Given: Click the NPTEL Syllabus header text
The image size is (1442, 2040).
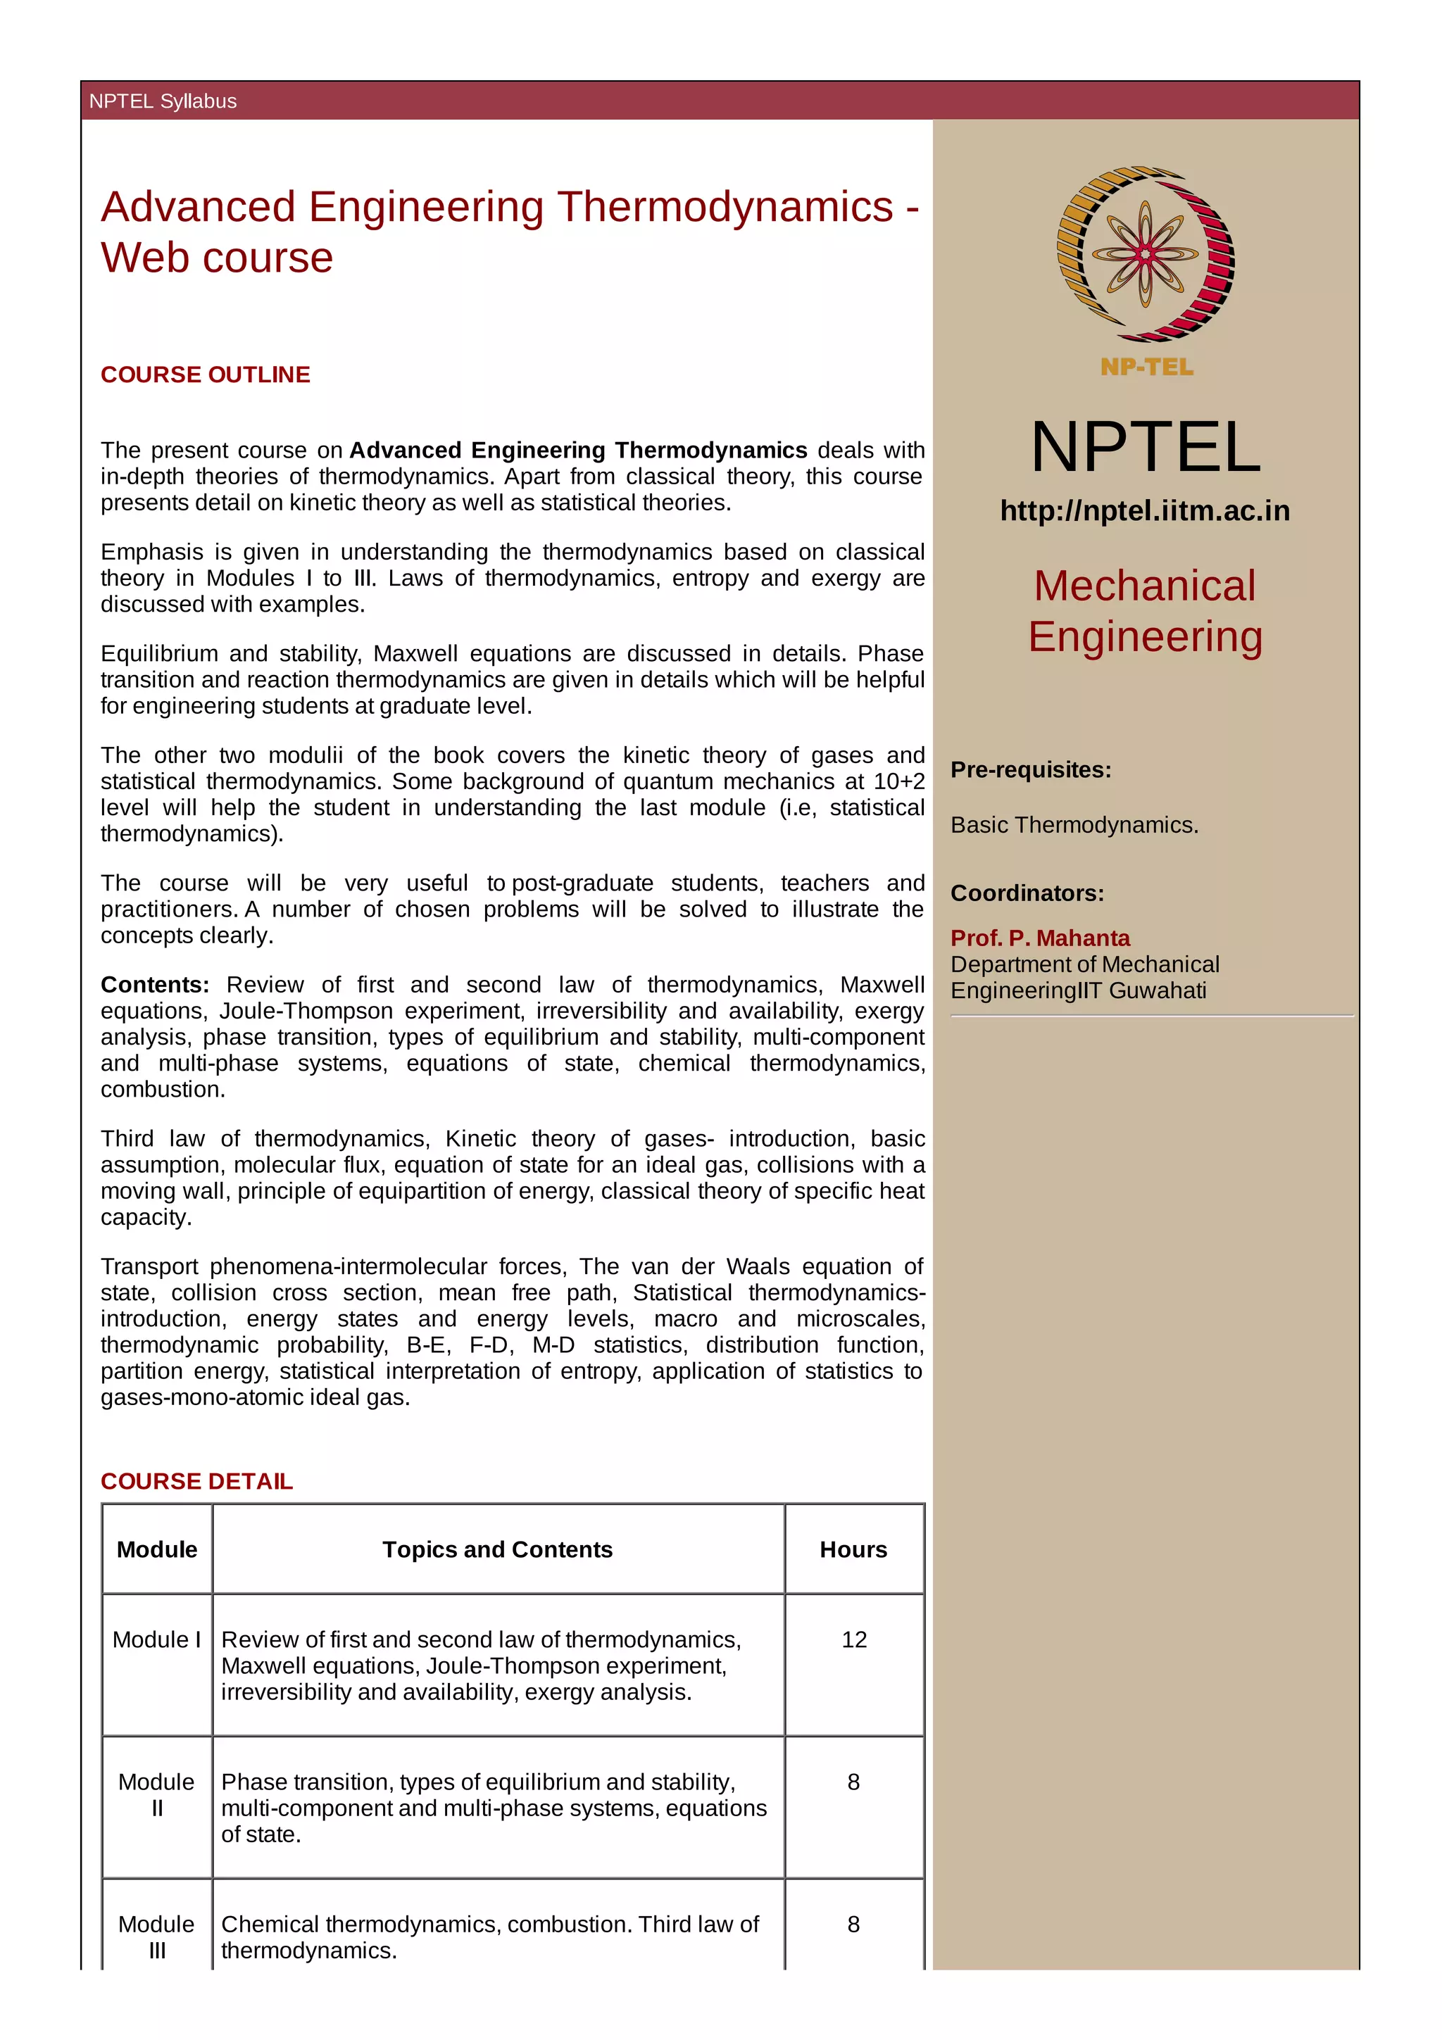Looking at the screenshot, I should point(163,101).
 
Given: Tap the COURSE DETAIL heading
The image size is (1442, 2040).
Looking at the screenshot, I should point(196,1481).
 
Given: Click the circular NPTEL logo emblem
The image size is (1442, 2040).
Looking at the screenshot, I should point(1146,254).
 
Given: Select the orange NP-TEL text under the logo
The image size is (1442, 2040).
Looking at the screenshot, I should point(1146,367).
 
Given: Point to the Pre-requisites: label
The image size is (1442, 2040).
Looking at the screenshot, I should point(1031,769).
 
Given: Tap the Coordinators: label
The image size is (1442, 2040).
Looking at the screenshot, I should point(1027,893).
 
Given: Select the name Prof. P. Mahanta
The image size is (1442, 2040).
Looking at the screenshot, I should point(1039,938).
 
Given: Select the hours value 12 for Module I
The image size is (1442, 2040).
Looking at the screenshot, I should point(854,1639).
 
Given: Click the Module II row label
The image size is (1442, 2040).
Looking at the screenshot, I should point(156,1795).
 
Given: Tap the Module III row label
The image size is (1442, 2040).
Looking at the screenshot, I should point(156,1937).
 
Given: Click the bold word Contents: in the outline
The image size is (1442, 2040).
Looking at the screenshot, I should point(155,986).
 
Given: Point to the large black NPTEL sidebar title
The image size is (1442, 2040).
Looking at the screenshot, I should point(1146,447).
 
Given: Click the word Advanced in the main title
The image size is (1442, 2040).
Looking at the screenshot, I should point(198,207).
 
